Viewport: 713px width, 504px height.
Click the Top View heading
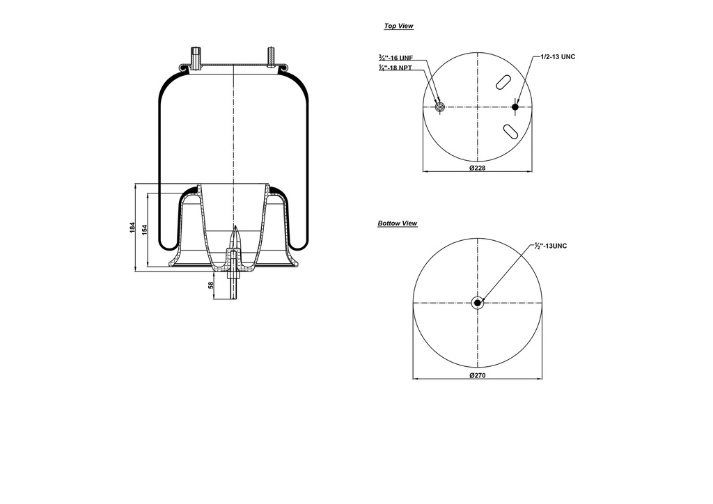pyautogui.click(x=398, y=26)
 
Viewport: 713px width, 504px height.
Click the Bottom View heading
pyautogui.click(x=398, y=223)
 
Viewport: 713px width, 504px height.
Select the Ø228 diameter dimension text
pyautogui.click(x=477, y=168)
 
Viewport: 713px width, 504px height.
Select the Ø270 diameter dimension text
pyautogui.click(x=477, y=376)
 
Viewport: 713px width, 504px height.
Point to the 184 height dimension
pyautogui.click(x=133, y=228)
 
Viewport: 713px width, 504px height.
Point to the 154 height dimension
pyautogui.click(x=145, y=229)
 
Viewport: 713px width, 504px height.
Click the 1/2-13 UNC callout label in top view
pyautogui.click(x=558, y=56)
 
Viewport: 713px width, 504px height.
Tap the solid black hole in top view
pyautogui.click(x=515, y=107)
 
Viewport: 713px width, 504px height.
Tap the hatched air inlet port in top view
pyautogui.click(x=439, y=107)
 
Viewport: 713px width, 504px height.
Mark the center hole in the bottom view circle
pyautogui.click(x=477, y=302)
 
